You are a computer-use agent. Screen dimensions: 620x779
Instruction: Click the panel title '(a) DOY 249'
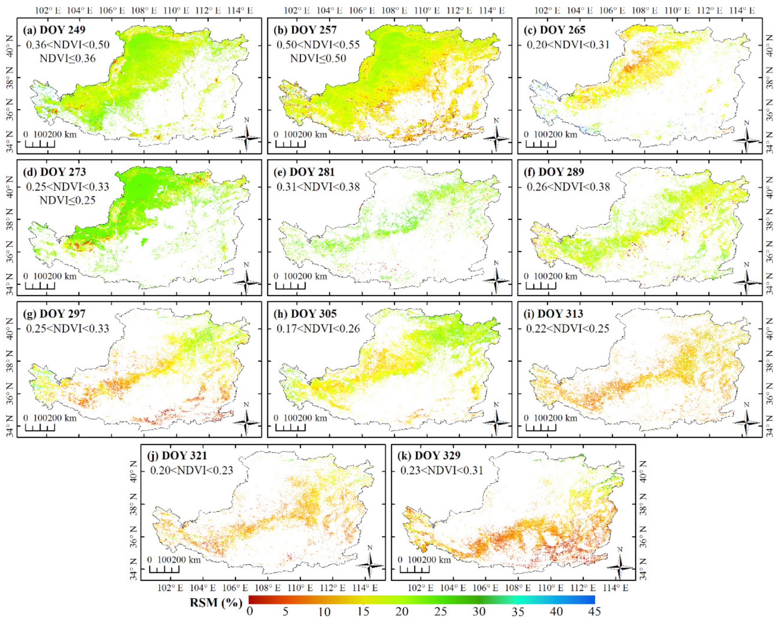click(x=54, y=30)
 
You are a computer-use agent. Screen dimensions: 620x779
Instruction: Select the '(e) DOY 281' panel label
click(x=304, y=172)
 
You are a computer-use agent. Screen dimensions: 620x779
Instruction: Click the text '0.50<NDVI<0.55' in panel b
click(x=318, y=45)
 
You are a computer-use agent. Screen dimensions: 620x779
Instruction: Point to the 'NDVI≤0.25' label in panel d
click(x=67, y=200)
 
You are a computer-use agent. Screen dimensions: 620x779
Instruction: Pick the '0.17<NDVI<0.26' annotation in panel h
click(x=318, y=328)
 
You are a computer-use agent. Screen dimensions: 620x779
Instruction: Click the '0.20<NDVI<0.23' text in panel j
click(x=191, y=470)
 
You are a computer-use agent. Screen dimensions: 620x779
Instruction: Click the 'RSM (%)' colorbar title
click(x=216, y=603)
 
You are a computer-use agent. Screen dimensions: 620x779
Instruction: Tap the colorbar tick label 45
click(x=594, y=612)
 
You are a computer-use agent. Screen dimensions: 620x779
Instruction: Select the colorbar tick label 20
click(x=402, y=612)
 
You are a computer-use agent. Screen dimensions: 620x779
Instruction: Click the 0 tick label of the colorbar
click(x=249, y=612)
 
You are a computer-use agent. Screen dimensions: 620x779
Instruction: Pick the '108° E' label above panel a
click(x=144, y=10)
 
